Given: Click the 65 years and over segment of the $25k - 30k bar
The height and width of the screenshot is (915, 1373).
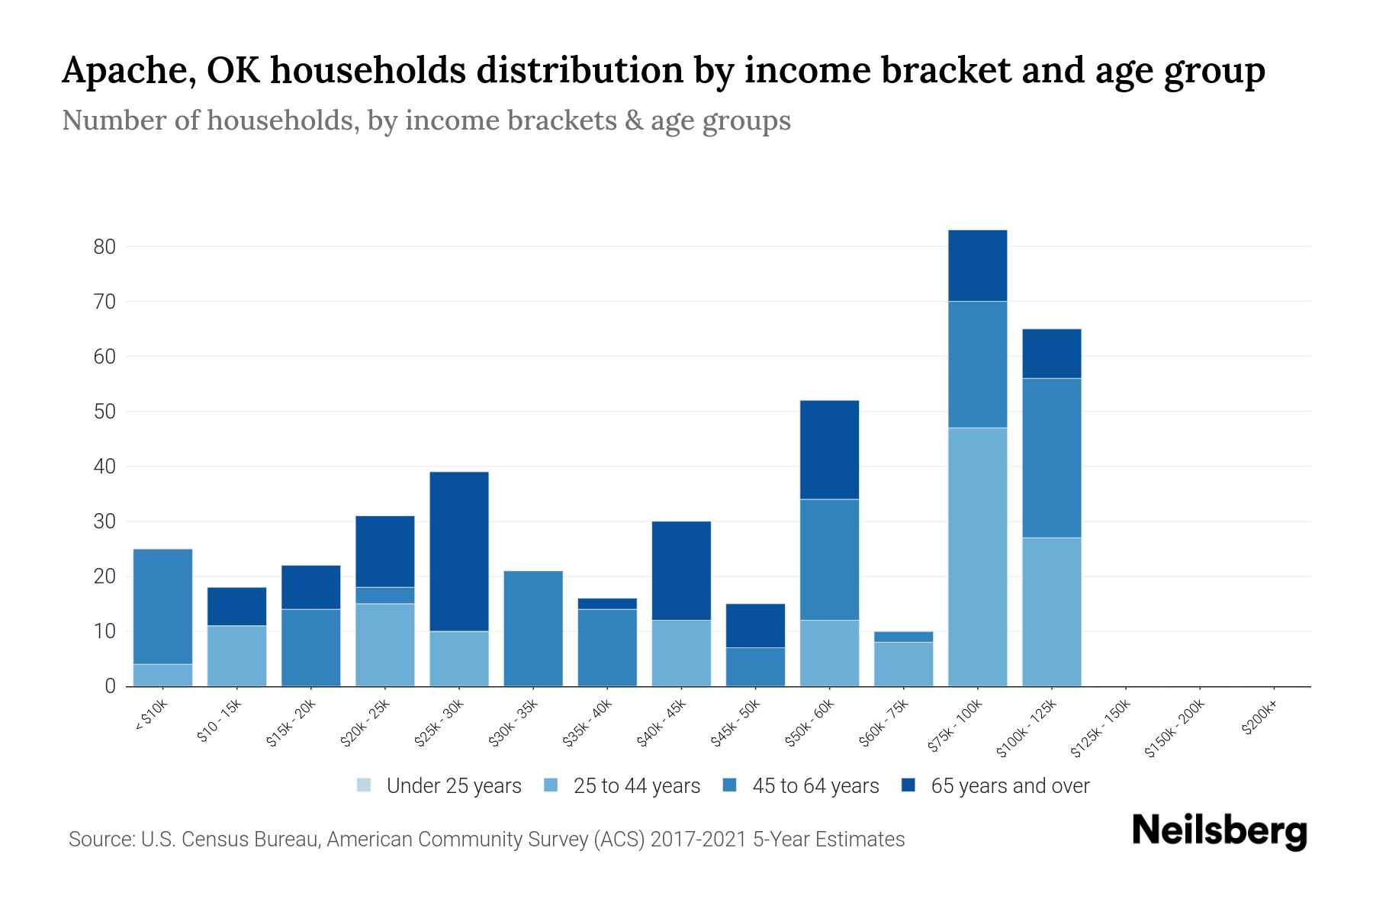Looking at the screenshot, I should (x=459, y=551).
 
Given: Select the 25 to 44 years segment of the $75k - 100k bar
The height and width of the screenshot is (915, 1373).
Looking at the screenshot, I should (x=977, y=557).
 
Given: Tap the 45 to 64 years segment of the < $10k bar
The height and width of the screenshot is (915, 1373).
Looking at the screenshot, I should (x=162, y=606).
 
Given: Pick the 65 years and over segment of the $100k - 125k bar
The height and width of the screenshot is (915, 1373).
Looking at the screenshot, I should (x=1052, y=353).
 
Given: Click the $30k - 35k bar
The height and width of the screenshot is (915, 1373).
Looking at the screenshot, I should (x=533, y=628).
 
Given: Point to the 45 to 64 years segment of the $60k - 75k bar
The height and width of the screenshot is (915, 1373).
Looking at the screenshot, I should (x=903, y=637).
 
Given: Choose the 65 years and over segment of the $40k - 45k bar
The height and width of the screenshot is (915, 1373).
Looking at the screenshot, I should (x=681, y=570).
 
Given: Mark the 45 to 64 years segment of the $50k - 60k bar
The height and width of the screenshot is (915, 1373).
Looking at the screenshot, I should (x=829, y=560).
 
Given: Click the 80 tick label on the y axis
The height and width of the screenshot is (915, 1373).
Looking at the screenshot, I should (x=105, y=246).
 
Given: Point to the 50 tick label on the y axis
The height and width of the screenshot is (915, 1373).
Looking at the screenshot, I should (x=105, y=412).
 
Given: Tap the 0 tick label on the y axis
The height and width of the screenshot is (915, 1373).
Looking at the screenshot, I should (x=111, y=686).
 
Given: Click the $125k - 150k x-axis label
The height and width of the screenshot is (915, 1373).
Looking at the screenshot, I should (x=1101, y=727).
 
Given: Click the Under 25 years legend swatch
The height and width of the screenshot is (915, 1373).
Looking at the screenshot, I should (x=364, y=785).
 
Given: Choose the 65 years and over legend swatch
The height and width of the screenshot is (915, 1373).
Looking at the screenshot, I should (x=908, y=785).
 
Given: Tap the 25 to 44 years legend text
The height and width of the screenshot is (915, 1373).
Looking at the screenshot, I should (x=636, y=786).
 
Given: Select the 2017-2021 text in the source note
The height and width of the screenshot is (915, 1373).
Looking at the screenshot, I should (x=699, y=840).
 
